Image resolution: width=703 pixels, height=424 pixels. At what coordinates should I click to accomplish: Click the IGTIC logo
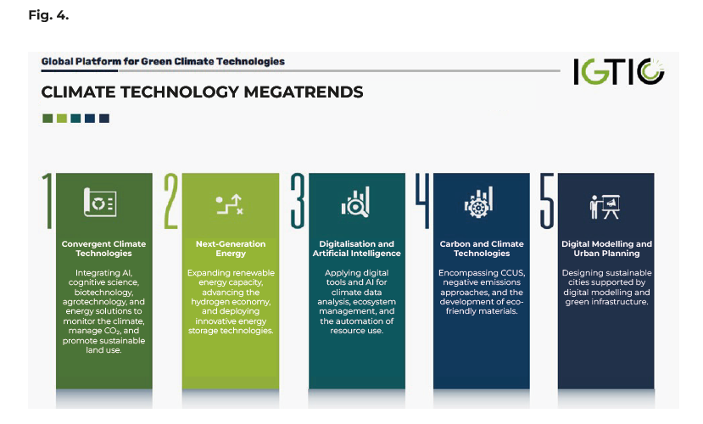[619, 71]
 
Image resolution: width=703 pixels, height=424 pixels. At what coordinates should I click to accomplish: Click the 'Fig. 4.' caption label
[48, 15]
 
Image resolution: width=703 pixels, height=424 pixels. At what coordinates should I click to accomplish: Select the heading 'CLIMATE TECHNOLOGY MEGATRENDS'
[202, 92]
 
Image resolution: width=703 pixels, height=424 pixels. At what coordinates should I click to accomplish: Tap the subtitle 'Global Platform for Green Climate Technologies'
[163, 61]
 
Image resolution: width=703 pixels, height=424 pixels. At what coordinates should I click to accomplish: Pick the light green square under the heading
[62, 119]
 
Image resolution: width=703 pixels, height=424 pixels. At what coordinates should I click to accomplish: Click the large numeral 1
[47, 201]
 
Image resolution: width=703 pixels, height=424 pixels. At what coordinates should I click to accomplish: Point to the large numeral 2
[170, 201]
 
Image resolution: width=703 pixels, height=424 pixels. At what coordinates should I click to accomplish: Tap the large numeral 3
[298, 201]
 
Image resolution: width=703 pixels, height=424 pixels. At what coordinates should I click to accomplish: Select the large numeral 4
[422, 201]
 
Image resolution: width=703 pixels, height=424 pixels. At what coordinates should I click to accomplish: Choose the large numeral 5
[547, 201]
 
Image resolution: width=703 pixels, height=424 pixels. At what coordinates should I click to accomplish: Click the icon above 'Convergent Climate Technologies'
[100, 202]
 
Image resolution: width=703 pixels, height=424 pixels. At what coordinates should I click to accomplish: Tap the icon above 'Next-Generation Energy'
[230, 204]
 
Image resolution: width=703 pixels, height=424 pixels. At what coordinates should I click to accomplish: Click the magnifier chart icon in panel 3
[355, 202]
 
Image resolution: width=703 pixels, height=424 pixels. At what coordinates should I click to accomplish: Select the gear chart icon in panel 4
[478, 202]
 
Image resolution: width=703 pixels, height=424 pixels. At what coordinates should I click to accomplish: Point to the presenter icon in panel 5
[605, 207]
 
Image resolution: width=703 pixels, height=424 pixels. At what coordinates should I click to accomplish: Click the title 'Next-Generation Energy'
[231, 248]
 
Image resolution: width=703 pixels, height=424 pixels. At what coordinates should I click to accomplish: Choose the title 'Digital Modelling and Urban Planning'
[606, 248]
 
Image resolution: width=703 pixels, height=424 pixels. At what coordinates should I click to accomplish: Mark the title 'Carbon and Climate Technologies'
[482, 248]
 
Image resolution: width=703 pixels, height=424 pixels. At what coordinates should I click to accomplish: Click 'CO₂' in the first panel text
[113, 331]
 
